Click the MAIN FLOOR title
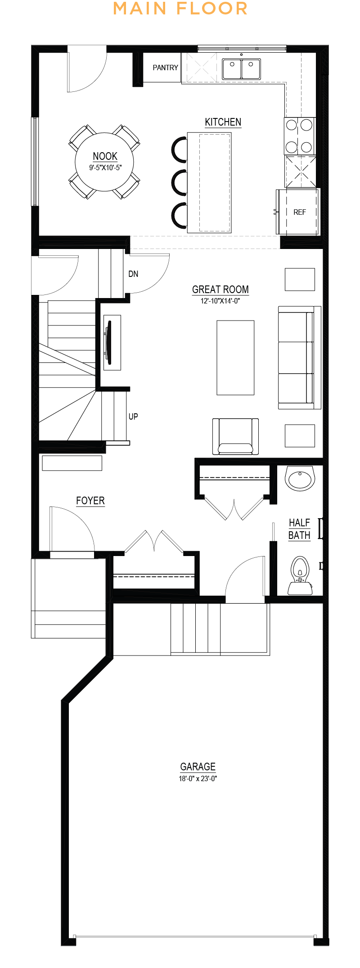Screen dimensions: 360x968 [180, 9]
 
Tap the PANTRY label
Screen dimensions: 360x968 [165, 68]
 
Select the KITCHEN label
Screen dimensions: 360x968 [223, 122]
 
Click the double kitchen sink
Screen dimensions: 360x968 [242, 69]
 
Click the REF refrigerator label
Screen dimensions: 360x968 [300, 212]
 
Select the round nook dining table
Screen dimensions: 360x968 [104, 162]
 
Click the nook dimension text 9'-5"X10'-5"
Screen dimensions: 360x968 [105, 168]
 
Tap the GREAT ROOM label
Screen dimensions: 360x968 [220, 289]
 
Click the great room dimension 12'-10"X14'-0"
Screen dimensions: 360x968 [220, 301]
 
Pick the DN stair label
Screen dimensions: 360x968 [133, 274]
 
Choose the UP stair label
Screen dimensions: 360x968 [133, 416]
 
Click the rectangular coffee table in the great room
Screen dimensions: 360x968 [235, 357]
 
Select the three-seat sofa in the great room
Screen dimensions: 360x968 [299, 357]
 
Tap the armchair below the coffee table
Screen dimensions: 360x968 [235, 436]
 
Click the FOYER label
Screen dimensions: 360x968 [90, 501]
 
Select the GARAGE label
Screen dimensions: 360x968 [198, 767]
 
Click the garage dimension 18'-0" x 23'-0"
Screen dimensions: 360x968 [198, 778]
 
